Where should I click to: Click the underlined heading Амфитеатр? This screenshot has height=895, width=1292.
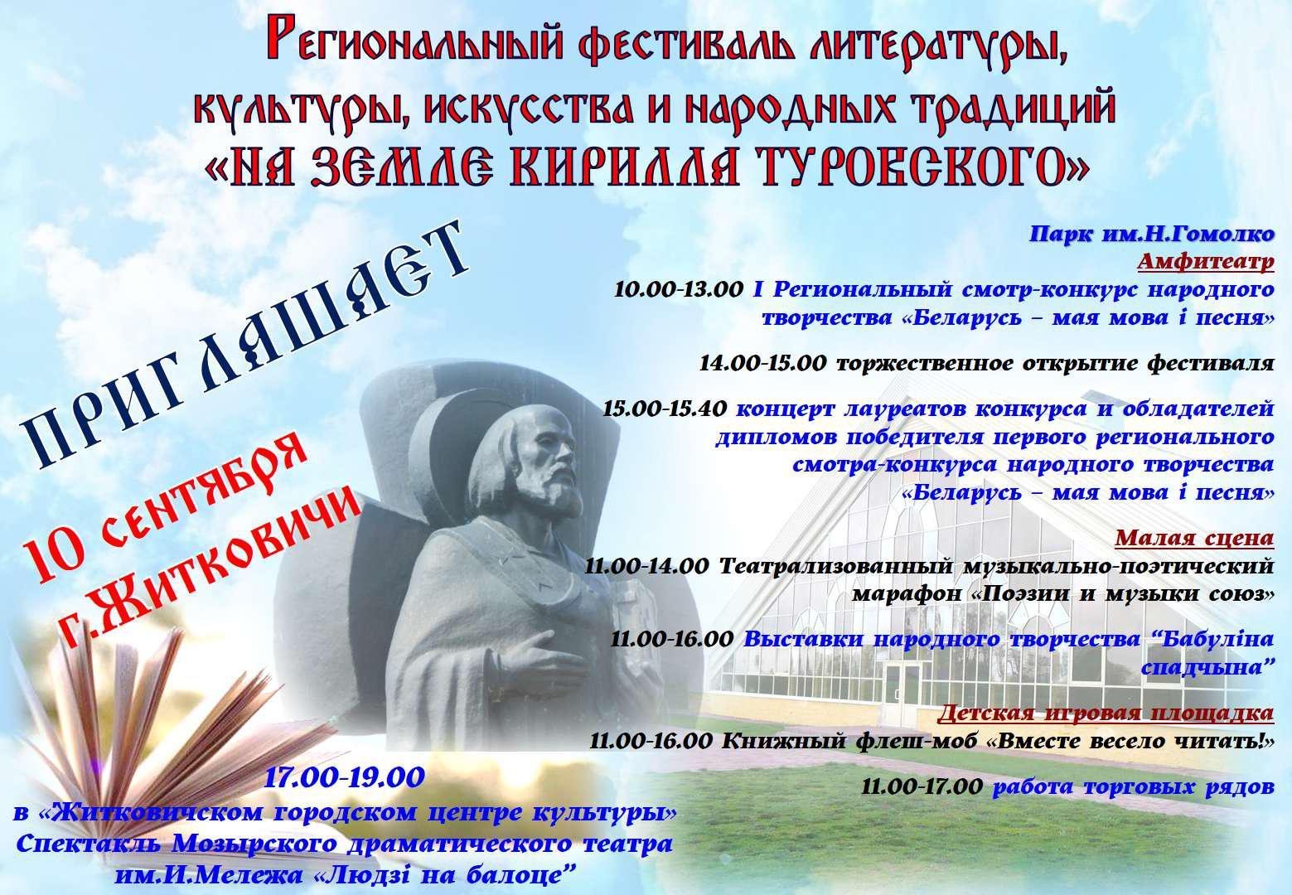point(1206,262)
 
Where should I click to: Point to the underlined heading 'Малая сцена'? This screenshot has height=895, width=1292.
point(1194,537)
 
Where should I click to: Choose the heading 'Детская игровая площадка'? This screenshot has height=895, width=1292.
point(1106,713)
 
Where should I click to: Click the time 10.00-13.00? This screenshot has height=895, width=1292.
point(679,289)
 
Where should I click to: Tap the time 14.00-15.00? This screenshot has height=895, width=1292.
point(764,363)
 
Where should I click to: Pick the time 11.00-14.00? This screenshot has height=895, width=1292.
point(646,566)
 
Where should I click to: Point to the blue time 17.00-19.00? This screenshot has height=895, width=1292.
point(345,778)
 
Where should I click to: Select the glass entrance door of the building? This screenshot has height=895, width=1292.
point(902,690)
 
